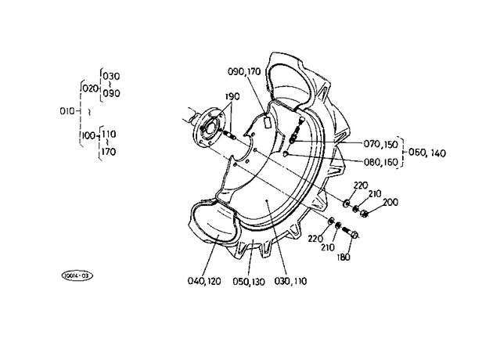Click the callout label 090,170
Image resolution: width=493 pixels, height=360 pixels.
[244, 72]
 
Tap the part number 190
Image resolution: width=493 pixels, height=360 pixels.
[232, 96]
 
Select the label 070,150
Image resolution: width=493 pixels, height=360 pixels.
[381, 144]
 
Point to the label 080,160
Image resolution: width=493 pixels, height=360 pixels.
[381, 162]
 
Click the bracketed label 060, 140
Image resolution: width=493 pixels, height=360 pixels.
[427, 153]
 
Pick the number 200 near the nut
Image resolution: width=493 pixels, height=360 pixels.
[390, 202]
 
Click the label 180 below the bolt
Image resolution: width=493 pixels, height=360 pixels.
[344, 257]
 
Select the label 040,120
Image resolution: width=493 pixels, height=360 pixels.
[204, 281]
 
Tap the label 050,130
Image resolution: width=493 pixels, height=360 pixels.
[249, 282]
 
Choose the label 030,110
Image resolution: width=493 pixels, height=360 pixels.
[290, 281]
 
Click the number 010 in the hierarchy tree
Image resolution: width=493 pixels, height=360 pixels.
[67, 111]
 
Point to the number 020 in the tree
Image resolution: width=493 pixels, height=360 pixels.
[90, 88]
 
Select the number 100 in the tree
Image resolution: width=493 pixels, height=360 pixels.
[89, 136]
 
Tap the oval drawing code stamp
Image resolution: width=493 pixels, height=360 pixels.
[77, 275]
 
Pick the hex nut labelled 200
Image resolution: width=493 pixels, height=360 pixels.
[364, 213]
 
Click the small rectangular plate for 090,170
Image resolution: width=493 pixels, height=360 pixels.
[268, 122]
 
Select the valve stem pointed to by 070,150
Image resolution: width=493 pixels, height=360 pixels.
[296, 130]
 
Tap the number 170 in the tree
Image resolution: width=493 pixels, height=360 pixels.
[108, 152]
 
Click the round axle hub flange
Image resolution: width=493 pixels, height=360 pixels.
[207, 127]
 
